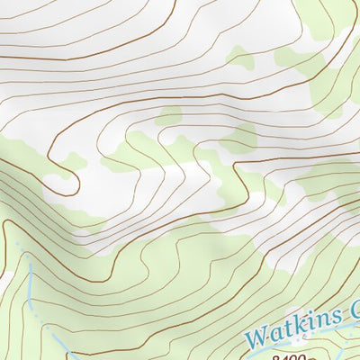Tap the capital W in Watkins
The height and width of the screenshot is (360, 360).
(258, 338)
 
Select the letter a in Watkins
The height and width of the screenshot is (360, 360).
(275, 335)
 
